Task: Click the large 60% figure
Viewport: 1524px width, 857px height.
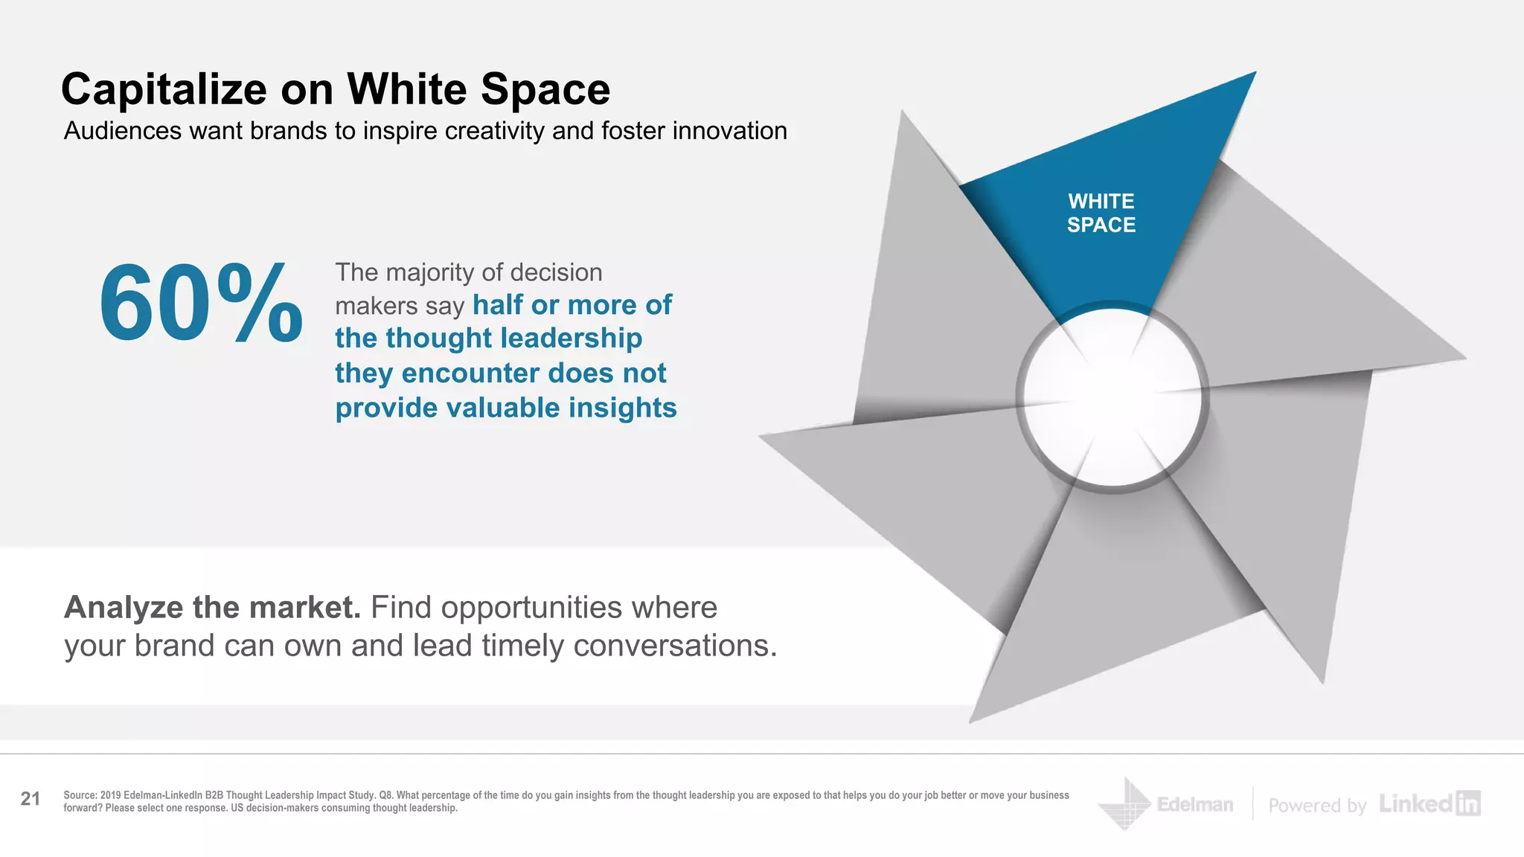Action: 200,304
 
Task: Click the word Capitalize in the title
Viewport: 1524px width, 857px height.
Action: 164,89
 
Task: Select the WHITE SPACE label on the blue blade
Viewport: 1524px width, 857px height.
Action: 1101,213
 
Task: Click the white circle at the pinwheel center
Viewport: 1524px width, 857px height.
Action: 1112,397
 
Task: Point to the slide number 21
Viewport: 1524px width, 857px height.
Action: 31,799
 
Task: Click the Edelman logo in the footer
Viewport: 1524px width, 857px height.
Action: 1166,804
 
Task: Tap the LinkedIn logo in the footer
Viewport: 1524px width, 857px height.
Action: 1429,803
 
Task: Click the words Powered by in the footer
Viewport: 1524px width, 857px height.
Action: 1317,806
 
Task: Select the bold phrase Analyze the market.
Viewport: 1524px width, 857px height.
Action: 212,608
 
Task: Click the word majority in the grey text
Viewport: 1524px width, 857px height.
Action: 430,272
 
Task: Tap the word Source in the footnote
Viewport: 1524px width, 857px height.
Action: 80,795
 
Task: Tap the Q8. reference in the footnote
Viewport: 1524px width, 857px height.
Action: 386,795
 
